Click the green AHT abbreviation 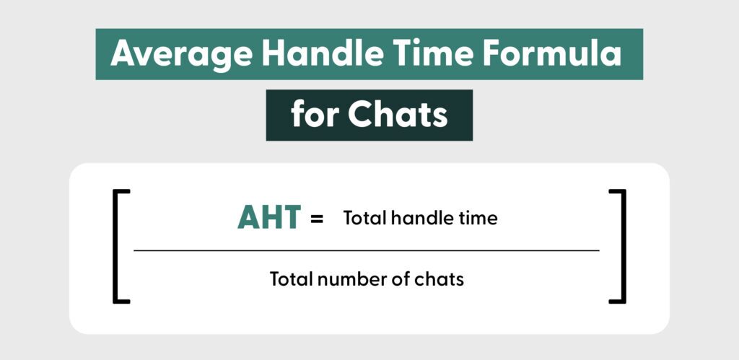click(x=268, y=218)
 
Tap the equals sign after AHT click(x=317, y=219)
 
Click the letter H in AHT click(x=270, y=218)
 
